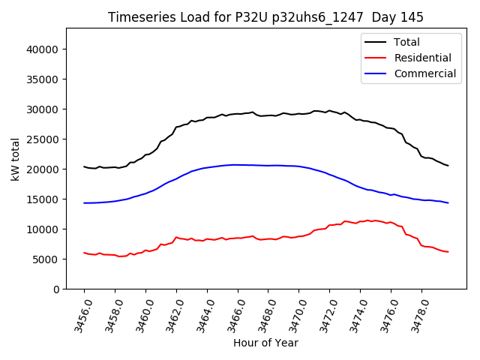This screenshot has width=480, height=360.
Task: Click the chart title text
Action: click(x=265, y=17)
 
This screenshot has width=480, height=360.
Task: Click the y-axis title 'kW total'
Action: click(x=16, y=158)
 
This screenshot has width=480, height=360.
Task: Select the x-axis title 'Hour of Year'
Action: click(x=265, y=343)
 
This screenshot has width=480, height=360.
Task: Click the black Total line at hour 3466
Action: click(x=238, y=114)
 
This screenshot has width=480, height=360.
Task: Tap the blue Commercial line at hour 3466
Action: click(x=238, y=165)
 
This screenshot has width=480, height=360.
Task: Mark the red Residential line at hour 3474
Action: click(x=360, y=221)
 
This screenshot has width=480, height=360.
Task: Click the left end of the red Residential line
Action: click(x=84, y=253)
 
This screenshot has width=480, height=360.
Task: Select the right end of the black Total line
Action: click(x=448, y=165)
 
